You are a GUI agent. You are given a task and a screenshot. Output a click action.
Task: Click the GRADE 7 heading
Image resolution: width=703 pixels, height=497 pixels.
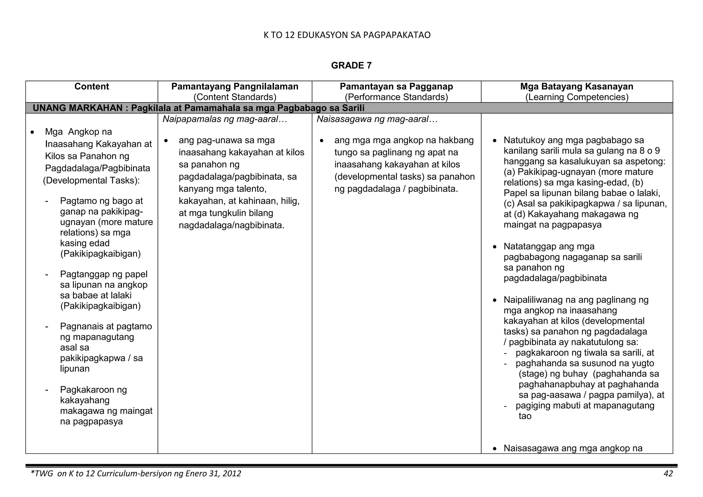coord(351,66)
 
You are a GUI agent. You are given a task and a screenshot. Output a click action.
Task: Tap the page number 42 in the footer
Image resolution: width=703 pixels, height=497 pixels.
coord(668,474)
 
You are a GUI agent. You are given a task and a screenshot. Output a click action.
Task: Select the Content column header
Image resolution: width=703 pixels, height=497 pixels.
coord(92,86)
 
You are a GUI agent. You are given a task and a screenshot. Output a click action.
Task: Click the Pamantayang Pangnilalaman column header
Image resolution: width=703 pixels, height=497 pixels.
coord(235,86)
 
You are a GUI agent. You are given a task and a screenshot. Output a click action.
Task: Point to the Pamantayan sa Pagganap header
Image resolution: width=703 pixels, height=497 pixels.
coord(396,86)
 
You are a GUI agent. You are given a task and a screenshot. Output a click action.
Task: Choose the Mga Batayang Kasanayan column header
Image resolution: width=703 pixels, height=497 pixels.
coord(577,86)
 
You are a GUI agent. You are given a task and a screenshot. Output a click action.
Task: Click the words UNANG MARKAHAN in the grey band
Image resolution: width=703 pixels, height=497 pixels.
coord(77,108)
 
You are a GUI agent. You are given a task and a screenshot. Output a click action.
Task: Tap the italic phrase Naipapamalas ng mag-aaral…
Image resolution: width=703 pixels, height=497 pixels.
coord(225,119)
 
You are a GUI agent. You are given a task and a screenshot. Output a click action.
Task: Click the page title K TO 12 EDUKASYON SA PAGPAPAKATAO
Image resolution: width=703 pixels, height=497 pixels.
coord(347,35)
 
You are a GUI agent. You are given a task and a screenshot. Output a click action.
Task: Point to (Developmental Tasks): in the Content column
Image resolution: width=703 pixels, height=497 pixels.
coord(91,180)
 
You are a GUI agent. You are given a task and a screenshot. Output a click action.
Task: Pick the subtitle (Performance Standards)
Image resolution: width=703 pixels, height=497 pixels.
coord(396,97)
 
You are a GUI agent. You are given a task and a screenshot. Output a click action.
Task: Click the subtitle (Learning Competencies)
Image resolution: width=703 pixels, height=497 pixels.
coord(577,97)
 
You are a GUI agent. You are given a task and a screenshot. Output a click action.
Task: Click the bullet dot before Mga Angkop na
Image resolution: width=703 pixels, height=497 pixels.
coord(32,132)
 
